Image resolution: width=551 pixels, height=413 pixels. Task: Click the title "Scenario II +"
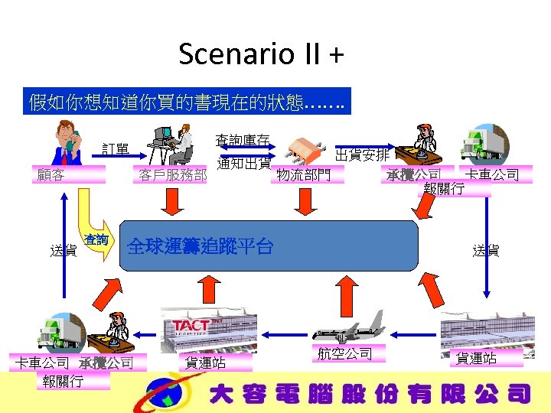[x=261, y=54]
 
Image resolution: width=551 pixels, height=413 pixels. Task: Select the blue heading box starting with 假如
[x=187, y=101]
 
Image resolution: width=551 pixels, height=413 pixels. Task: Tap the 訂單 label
[x=116, y=148]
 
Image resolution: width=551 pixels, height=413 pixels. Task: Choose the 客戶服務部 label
[x=172, y=175]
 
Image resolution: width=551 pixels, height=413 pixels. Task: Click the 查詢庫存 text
[x=243, y=140]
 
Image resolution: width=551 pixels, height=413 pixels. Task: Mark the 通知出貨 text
[x=244, y=163]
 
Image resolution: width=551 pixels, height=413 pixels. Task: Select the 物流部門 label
[x=303, y=175]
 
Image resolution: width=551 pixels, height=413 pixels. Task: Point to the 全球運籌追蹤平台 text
[x=201, y=246]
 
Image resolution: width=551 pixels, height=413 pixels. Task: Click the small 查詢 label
[x=97, y=240]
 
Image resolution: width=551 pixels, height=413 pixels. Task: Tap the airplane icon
[x=349, y=328]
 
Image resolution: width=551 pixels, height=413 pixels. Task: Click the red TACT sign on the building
[x=193, y=325]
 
